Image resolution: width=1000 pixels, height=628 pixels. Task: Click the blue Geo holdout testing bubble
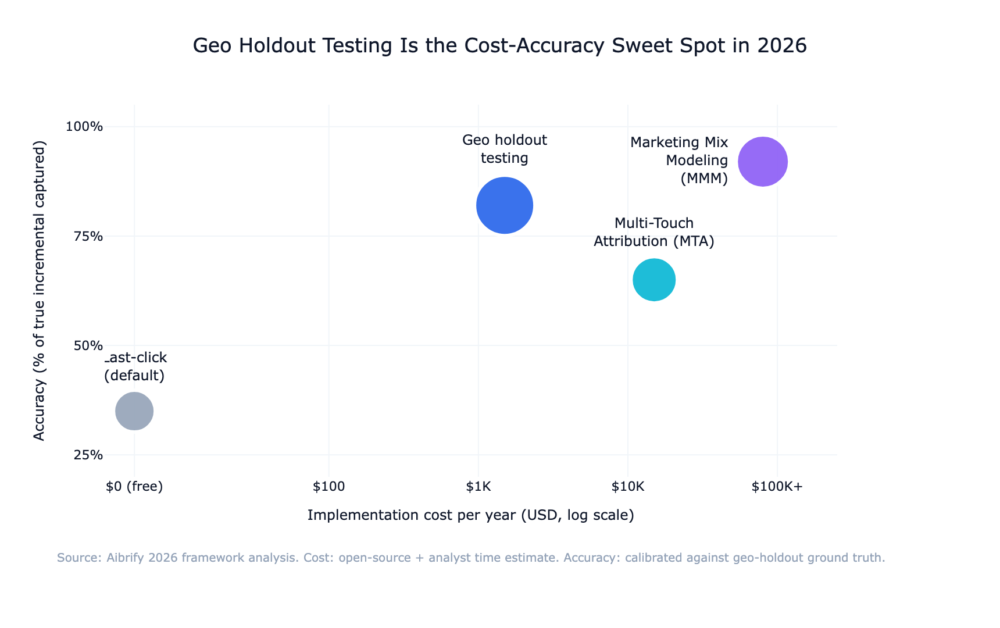tap(505, 205)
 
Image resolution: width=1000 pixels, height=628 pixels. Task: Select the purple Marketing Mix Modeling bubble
tap(763, 162)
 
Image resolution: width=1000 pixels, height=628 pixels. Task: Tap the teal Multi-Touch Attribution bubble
tap(654, 280)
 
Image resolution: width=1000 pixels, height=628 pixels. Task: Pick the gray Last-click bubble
tap(134, 411)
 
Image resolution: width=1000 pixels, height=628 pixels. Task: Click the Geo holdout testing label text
tap(505, 149)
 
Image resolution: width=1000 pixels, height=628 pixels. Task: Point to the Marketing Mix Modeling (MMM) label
tap(679, 160)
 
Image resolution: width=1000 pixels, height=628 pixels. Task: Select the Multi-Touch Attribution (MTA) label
tap(654, 232)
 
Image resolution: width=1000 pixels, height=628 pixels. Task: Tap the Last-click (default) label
tap(135, 366)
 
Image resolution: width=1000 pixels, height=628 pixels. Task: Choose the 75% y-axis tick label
tap(89, 236)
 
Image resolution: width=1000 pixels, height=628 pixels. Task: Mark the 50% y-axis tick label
tap(89, 345)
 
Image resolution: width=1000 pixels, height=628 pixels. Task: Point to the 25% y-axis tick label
tap(89, 455)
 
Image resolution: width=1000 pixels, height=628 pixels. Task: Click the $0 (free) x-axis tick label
tap(134, 487)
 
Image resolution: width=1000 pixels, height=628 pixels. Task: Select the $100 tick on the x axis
tap(328, 487)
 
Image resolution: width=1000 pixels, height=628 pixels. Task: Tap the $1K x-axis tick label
tap(478, 487)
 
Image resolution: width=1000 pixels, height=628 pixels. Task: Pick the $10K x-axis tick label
tap(627, 487)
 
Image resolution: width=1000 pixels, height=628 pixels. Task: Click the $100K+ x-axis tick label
tap(777, 487)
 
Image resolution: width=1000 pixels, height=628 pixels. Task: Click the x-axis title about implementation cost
tap(470, 515)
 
